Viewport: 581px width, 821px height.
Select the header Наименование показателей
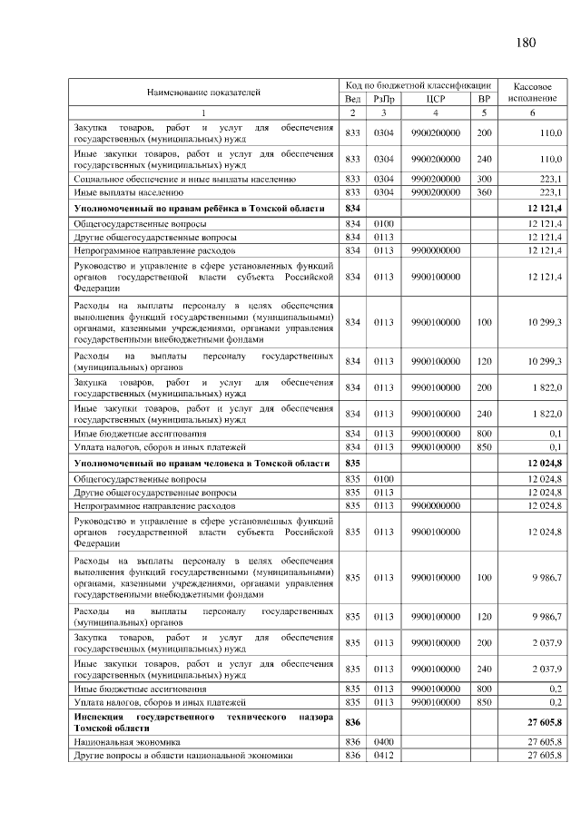tap(203, 92)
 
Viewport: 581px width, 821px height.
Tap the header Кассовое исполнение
tap(532, 91)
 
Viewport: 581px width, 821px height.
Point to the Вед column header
tap(353, 98)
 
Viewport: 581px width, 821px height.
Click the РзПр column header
tap(383, 98)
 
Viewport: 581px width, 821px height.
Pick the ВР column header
tap(484, 98)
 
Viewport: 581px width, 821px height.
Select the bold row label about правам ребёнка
tap(199, 209)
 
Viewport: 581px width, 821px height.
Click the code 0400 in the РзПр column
tap(383, 742)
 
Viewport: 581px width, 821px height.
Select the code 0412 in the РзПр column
tap(383, 755)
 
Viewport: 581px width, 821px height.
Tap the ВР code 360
tap(484, 192)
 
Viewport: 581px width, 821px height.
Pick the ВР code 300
tap(484, 180)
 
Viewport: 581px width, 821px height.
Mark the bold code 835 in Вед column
tap(353, 464)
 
